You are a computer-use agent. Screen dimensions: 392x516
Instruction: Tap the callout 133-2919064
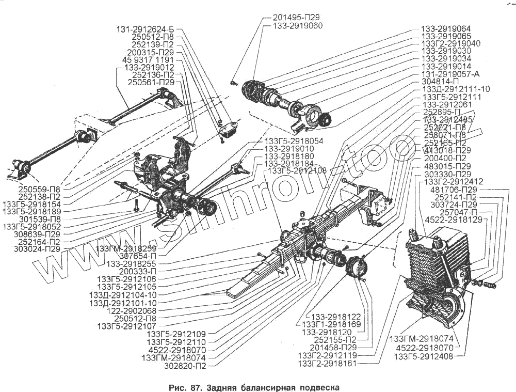[446, 28]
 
